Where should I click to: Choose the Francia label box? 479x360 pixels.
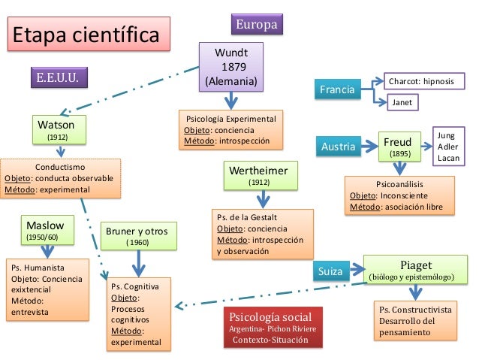(338, 91)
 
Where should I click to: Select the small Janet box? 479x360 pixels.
(403, 102)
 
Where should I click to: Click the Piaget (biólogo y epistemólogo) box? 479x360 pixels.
(415, 270)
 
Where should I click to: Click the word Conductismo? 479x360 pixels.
(60, 167)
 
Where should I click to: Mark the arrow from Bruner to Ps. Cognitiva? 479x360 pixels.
(137, 263)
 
